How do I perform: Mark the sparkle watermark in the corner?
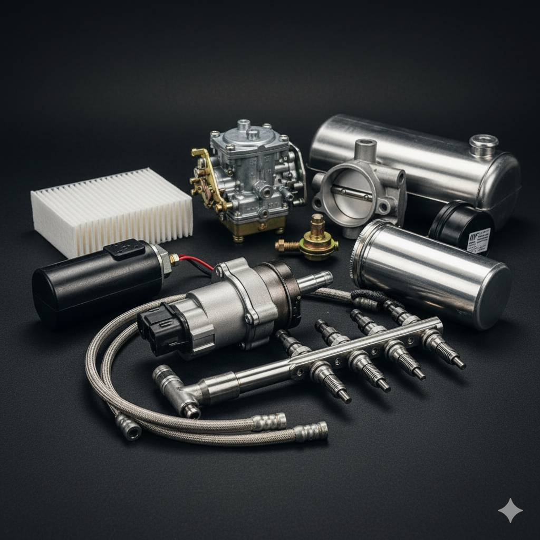(x=510, y=510)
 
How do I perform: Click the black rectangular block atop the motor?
(x=124, y=249)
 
